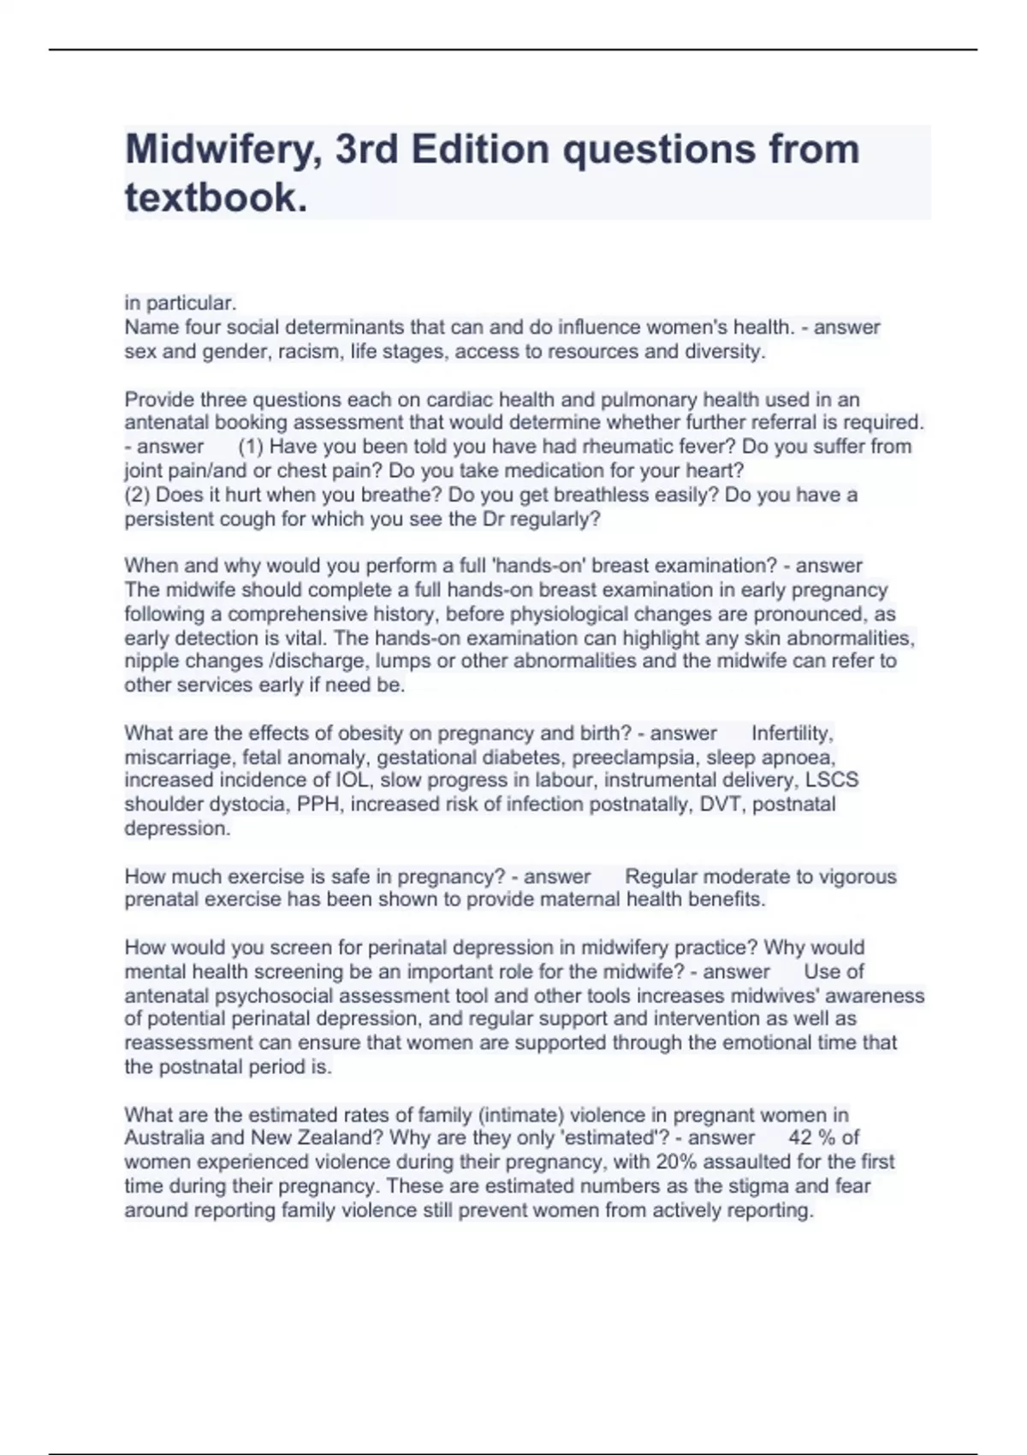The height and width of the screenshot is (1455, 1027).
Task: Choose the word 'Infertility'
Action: pyautogui.click(x=791, y=733)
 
